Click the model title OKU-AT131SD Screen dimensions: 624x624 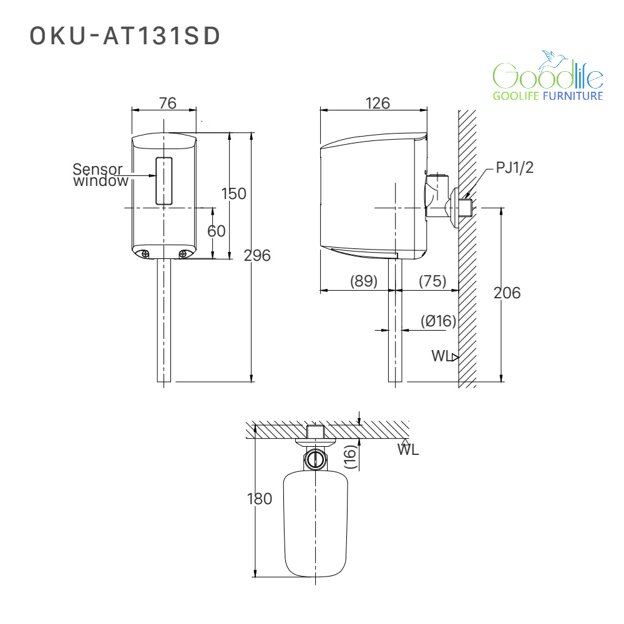125,36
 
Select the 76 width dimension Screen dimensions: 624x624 167,103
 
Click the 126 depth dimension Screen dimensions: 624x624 378,103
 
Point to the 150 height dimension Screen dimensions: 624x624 233,193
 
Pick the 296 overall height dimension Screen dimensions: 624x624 257,255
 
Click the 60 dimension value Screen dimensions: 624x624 216,231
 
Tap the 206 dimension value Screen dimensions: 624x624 507,293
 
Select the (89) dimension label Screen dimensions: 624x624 363,281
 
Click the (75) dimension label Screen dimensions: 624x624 432,281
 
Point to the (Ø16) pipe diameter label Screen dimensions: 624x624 438,321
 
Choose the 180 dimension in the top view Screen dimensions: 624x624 260,499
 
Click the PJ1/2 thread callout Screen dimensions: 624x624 515,167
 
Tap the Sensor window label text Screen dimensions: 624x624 100,175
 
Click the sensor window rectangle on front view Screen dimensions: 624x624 164,181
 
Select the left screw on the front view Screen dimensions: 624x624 145,254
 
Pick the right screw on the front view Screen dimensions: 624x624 183,254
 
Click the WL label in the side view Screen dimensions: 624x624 442,356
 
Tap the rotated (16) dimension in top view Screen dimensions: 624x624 350,457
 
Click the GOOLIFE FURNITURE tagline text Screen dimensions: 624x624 548,96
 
